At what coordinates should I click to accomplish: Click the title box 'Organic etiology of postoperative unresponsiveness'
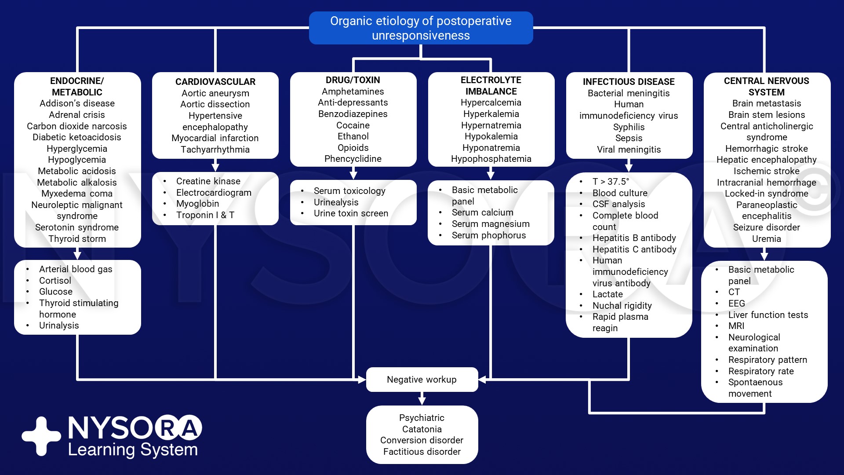(x=421, y=28)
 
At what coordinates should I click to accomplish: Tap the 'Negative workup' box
(x=422, y=379)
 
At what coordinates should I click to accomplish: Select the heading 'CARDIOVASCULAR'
(x=215, y=82)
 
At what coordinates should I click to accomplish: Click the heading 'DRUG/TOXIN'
(x=353, y=80)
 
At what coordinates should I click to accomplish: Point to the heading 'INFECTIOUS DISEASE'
(x=629, y=82)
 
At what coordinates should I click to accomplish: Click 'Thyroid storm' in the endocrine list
(x=77, y=239)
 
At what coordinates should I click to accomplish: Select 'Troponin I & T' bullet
(x=205, y=215)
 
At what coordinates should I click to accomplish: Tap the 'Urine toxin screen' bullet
(x=351, y=213)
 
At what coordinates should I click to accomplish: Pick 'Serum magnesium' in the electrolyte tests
(x=490, y=224)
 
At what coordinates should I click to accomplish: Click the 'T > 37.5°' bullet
(x=611, y=182)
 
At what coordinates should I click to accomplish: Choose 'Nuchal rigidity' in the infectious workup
(x=622, y=306)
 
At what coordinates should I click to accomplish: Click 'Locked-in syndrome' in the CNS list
(x=766, y=194)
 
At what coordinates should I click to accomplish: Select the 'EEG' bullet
(x=736, y=303)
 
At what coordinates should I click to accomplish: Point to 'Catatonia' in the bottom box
(x=422, y=429)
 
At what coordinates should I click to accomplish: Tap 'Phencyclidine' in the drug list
(x=353, y=159)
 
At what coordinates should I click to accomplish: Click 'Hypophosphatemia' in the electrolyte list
(x=491, y=159)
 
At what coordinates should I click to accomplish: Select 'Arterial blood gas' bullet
(x=76, y=269)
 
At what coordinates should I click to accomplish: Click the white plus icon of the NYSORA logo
(x=41, y=436)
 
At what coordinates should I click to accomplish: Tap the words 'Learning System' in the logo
(x=133, y=450)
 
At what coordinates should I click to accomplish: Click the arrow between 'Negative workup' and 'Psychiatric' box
(x=422, y=398)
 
